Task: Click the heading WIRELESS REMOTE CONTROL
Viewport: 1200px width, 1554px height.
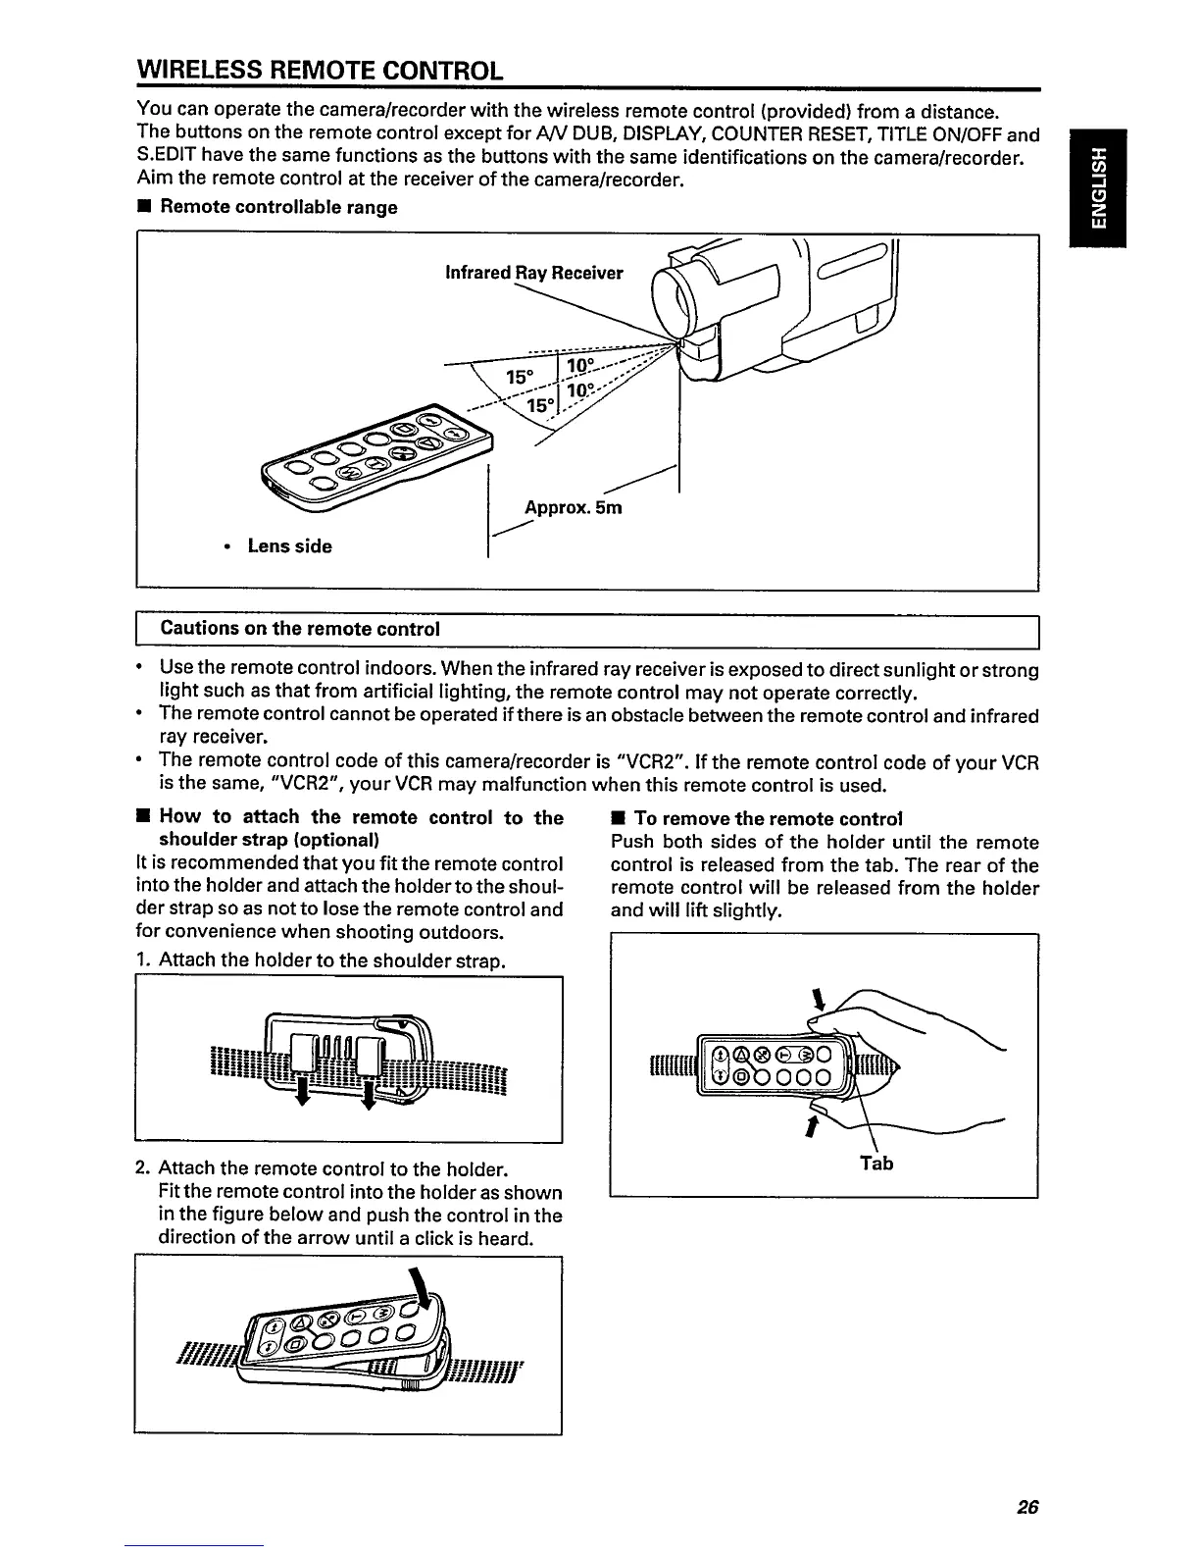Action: tap(320, 71)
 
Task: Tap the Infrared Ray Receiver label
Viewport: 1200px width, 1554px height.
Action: tap(533, 273)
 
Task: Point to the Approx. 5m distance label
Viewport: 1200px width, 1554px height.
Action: tap(573, 508)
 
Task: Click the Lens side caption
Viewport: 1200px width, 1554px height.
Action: tap(289, 546)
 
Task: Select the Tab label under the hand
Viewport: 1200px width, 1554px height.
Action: tap(876, 1164)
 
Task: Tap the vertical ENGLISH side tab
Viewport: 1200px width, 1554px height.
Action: tap(1102, 187)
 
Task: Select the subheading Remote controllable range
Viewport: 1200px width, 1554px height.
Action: tap(278, 207)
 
